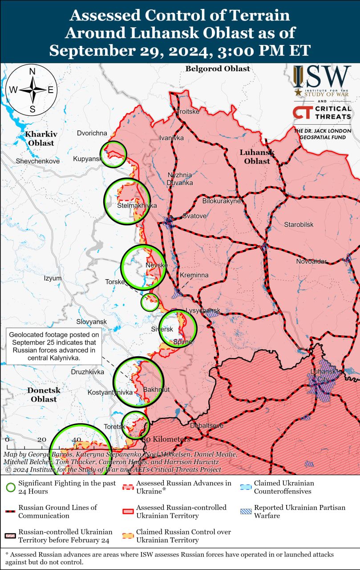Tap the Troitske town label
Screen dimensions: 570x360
click(x=188, y=111)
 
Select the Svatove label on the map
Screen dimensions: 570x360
click(x=194, y=216)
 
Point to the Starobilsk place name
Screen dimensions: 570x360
click(x=299, y=224)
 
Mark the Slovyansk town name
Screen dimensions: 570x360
click(x=91, y=322)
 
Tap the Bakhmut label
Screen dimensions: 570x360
click(x=157, y=390)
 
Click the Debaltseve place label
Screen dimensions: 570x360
click(x=206, y=426)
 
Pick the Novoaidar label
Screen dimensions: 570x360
click(x=311, y=261)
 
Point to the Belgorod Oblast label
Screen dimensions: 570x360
click(x=218, y=69)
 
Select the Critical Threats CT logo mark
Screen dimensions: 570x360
click(x=301, y=112)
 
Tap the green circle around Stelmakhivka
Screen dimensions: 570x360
click(x=127, y=201)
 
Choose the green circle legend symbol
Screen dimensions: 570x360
click(x=11, y=487)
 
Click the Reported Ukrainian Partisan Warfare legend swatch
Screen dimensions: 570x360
click(x=246, y=511)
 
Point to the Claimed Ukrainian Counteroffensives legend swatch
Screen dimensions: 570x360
click(x=246, y=487)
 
